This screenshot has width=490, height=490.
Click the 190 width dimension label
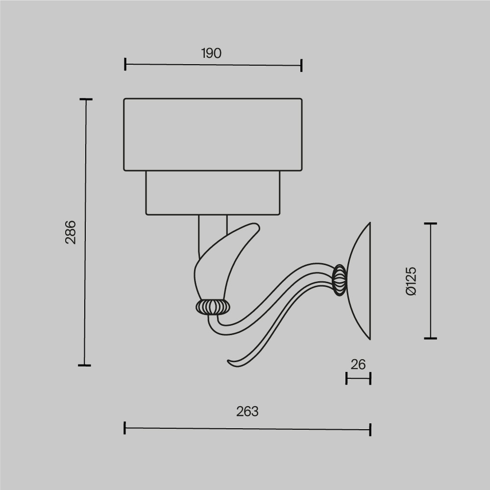click(x=211, y=53)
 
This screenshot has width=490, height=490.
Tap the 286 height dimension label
click(x=71, y=232)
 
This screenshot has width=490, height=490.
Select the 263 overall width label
click(x=247, y=412)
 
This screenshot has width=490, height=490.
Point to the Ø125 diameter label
click(x=411, y=281)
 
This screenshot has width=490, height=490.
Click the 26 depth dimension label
click(x=358, y=365)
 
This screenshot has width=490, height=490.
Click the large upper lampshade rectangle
click(x=213, y=135)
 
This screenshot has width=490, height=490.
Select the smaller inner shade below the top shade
click(x=213, y=193)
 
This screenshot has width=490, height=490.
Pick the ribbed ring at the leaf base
click(x=213, y=307)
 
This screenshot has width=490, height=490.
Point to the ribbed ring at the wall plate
click(x=339, y=280)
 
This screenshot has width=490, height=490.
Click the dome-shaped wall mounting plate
click(x=361, y=280)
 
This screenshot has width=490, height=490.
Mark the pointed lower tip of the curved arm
click(x=229, y=362)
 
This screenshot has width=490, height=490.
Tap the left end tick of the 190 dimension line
click(x=125, y=64)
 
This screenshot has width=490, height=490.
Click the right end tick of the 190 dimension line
click(x=301, y=65)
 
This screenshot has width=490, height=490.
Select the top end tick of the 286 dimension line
click(x=86, y=99)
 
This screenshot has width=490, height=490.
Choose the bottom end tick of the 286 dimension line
click(x=84, y=365)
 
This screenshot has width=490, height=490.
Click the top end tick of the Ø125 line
click(x=431, y=223)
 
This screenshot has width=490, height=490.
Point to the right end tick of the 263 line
click(x=370, y=430)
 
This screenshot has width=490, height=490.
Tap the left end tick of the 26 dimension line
click(x=346, y=378)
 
